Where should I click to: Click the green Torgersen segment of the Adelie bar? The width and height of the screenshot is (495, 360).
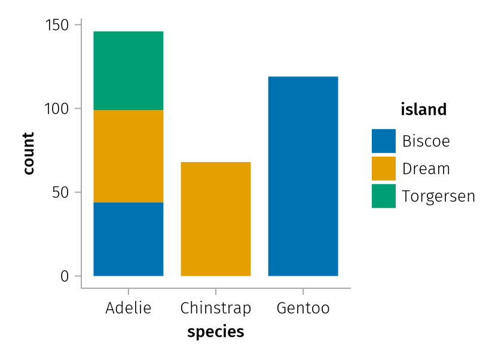pos(129,71)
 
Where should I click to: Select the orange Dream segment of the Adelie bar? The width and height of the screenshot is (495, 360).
pos(129,156)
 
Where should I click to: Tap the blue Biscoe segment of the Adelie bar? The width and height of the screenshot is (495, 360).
pos(129,239)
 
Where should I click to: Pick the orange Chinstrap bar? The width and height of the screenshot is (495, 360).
pos(216,219)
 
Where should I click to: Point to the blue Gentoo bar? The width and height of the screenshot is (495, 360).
pos(303,176)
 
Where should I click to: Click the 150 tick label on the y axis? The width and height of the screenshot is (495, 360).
pos(57,25)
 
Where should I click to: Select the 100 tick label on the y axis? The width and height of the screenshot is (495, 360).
pos(57,109)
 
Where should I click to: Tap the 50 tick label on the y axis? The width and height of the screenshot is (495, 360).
pos(60,193)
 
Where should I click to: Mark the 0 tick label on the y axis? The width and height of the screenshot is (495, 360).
pos(65,276)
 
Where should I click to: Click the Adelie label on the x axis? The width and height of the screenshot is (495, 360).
pos(129,307)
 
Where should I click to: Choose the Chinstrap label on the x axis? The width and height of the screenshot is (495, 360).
pos(216,308)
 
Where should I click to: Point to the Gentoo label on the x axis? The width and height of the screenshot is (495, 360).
pos(303,308)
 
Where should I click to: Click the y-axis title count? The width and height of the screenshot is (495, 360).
pos(29,154)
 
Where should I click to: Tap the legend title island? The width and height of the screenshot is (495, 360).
pos(424,109)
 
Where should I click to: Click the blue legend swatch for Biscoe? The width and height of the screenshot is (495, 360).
pos(384,141)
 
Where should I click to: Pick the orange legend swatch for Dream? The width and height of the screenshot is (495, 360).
pos(384,168)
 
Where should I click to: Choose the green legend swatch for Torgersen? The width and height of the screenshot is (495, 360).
pos(384,196)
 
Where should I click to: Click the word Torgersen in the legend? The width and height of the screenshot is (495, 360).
pos(438,196)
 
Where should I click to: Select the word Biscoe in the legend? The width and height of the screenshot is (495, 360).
pos(426,141)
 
